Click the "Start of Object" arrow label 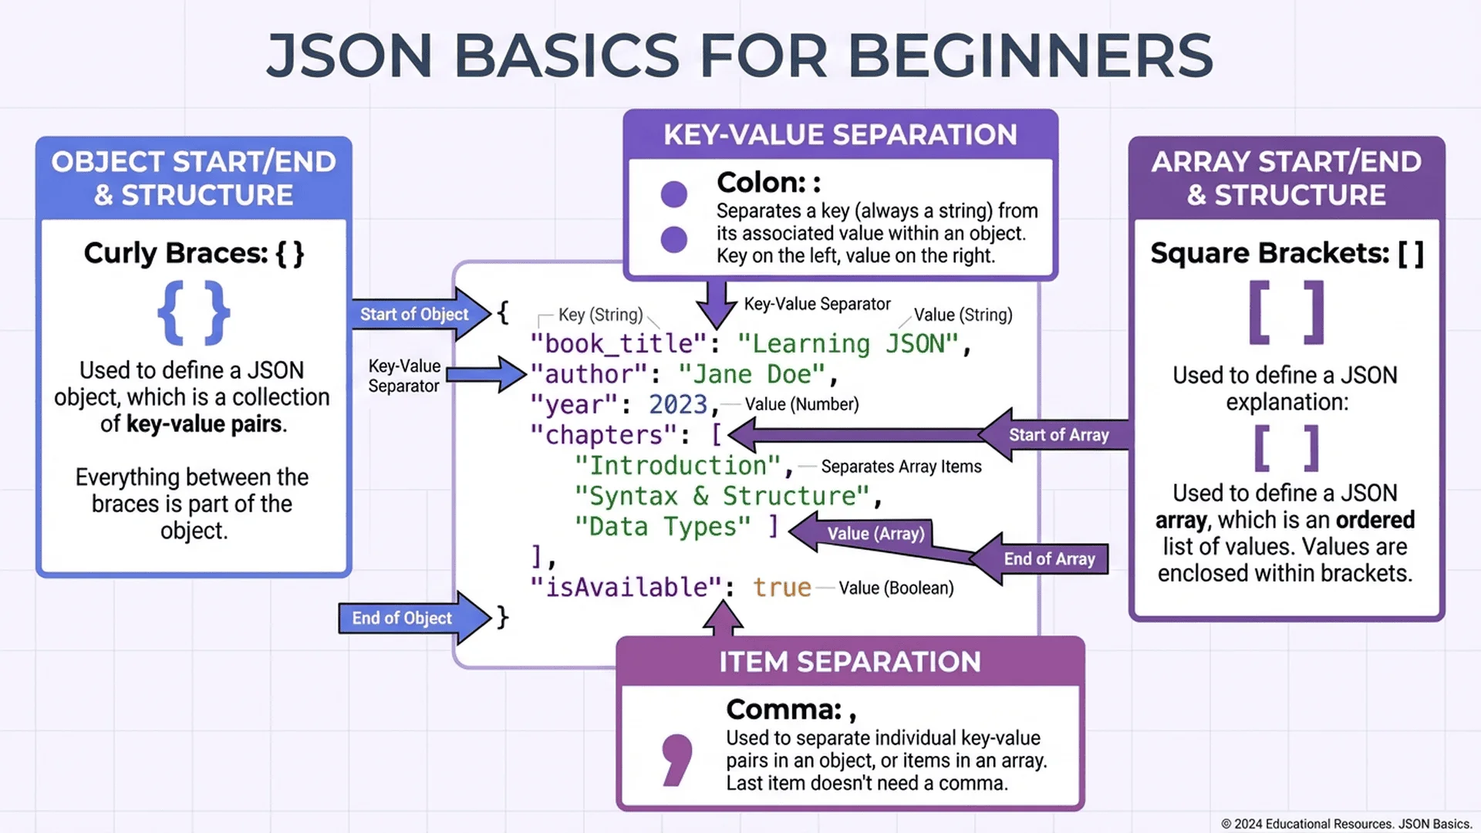click(414, 314)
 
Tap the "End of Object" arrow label click(402, 618)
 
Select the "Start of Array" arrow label click(1058, 435)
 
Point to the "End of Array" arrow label click(1049, 559)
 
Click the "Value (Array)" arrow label click(875, 533)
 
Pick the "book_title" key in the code click(618, 343)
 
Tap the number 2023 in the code click(678, 404)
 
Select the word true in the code click(781, 588)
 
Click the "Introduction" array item click(678, 466)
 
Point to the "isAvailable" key click(626, 588)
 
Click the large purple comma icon click(676, 760)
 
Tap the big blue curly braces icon click(194, 312)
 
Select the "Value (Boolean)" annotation click(896, 588)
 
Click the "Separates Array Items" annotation click(901, 467)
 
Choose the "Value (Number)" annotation click(801, 404)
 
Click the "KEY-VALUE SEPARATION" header click(840, 135)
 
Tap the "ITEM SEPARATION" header click(850, 662)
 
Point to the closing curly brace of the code click(502, 616)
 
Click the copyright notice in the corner click(1346, 824)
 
